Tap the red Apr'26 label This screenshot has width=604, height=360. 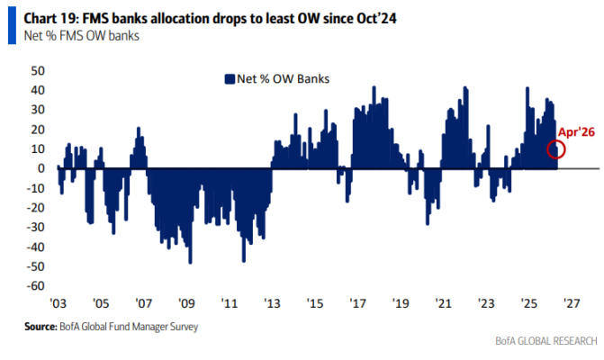point(576,132)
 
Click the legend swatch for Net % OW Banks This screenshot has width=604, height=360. point(230,79)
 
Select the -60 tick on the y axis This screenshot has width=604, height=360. point(37,286)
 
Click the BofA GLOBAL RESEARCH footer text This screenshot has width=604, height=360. point(545,342)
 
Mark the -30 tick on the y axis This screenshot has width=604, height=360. point(37,227)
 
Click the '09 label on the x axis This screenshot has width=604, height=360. point(186,303)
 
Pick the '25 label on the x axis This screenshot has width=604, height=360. point(529,303)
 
